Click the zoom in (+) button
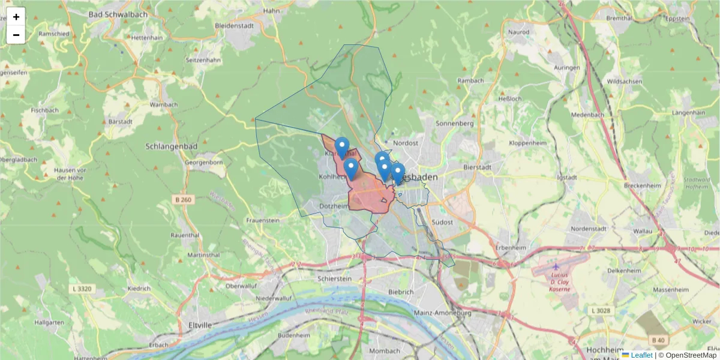pyautogui.click(x=16, y=17)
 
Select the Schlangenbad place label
pyautogui.click(x=169, y=146)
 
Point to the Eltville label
pyautogui.click(x=200, y=325)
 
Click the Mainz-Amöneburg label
pyautogui.click(x=443, y=313)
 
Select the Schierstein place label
pyautogui.click(x=335, y=279)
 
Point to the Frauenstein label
pyautogui.click(x=263, y=221)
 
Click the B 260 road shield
pyautogui.click(x=184, y=199)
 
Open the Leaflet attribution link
pyautogui.click(x=641, y=355)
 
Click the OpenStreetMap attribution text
pyautogui.click(x=687, y=355)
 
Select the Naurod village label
pyautogui.click(x=518, y=32)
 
